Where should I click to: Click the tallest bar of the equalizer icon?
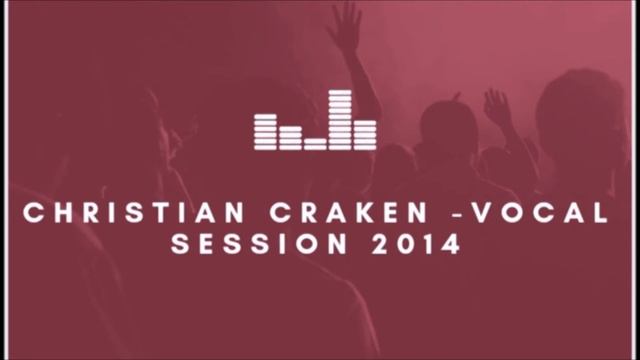point(342,119)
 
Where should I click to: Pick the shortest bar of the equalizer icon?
point(316,143)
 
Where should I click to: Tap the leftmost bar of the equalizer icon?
point(265,131)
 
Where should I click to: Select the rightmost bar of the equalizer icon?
point(367,134)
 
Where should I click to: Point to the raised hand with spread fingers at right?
point(496,106)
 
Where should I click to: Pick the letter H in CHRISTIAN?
point(58,213)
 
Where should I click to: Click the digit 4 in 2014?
point(452,244)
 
